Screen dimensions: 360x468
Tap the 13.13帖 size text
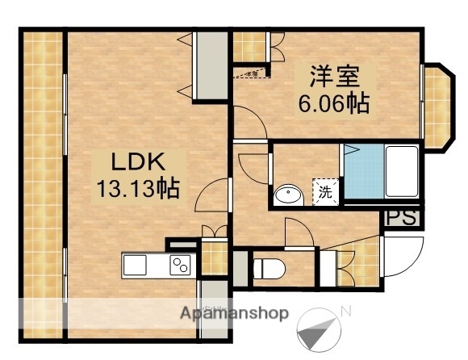point(138,190)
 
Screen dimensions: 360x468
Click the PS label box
point(401,219)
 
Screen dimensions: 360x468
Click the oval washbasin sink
point(287,195)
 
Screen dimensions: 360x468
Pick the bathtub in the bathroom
point(400,171)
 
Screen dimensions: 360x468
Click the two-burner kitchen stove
point(180,265)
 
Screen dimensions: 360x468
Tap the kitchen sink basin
point(135,265)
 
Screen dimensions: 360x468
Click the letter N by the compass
point(345,311)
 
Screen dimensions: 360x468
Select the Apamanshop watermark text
point(234,313)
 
